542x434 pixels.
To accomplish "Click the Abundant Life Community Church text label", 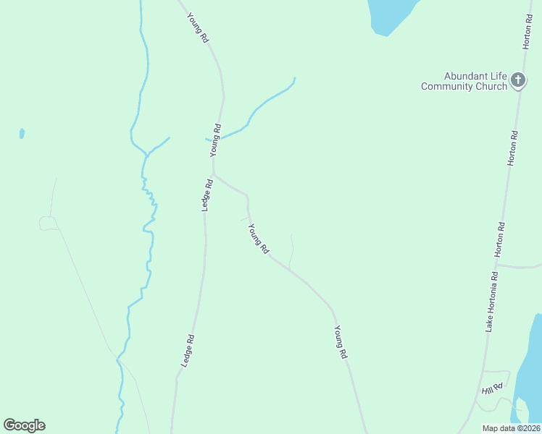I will pos(464,81).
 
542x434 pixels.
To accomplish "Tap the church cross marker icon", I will pos(518,80).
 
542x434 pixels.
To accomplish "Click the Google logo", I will pos(24,425).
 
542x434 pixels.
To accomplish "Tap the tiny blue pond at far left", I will pos(22,133).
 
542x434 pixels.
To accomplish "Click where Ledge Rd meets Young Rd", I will pos(213,174).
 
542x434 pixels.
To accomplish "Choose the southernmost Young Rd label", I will pos(341,342).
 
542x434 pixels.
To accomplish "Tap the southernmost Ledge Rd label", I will pos(187,349).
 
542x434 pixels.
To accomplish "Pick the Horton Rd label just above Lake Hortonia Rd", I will pos(500,239).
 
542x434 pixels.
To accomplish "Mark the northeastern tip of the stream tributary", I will pos(294,78).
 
